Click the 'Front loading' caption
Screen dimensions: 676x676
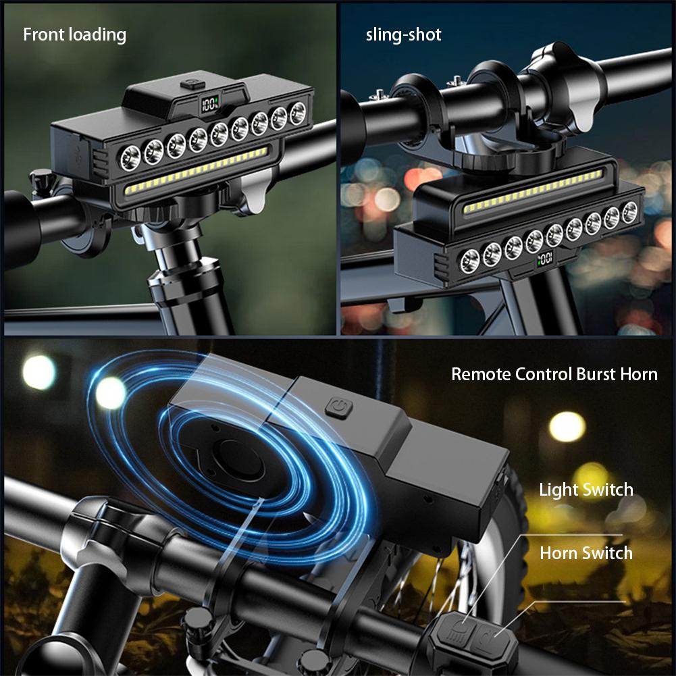click(x=74, y=34)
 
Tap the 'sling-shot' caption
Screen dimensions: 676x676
click(x=403, y=34)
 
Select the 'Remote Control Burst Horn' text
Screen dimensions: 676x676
click(x=554, y=373)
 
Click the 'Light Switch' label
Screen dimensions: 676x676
click(x=586, y=490)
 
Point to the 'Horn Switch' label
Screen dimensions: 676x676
click(x=586, y=553)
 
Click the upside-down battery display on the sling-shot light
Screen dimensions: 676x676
click(x=545, y=257)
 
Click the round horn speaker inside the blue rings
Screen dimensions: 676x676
click(x=232, y=459)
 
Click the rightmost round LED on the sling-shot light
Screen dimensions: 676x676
click(x=629, y=211)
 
